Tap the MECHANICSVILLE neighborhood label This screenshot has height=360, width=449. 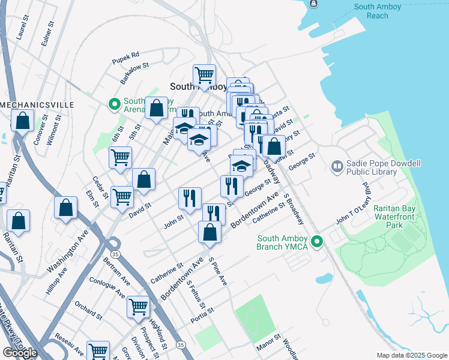tap(37, 105)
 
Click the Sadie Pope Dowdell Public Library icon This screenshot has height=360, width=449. tap(337, 166)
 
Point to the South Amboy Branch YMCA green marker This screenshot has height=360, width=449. tap(318, 242)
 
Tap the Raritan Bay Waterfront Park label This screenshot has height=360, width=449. tap(396, 217)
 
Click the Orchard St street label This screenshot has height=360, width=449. tap(88, 311)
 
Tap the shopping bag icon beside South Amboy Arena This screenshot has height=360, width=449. tap(156, 109)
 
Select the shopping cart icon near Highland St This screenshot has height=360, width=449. tap(139, 307)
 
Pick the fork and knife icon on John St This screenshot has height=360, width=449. tap(190, 197)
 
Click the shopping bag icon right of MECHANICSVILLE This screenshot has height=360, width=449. tap(22, 120)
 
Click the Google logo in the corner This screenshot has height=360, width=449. tap(20, 352)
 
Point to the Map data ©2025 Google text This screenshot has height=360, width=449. tap(411, 355)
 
